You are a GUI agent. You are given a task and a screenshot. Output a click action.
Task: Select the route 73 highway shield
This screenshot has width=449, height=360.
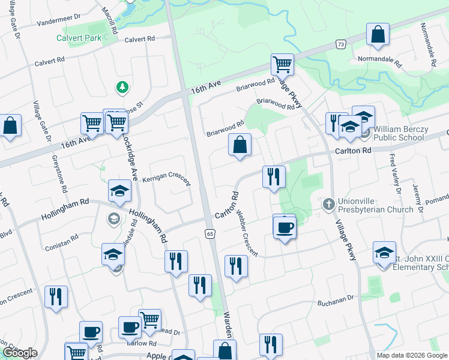[x=341, y=44]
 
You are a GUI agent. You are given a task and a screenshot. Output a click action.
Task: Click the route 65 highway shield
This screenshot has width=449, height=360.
[x=209, y=233]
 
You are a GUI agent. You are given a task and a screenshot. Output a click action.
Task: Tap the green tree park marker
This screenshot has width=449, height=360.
[x=122, y=88]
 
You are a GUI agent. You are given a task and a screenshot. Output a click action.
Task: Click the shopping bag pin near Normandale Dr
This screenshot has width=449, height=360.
[x=378, y=35]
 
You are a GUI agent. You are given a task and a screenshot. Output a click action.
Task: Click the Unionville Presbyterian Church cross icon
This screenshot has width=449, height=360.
[x=328, y=205]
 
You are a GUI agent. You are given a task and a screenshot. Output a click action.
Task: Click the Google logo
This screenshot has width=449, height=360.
[x=20, y=353]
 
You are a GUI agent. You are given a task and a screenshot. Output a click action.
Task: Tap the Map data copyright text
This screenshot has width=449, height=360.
[x=412, y=355]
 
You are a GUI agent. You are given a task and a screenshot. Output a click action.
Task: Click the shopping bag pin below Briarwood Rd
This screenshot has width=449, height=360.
[x=240, y=146]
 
